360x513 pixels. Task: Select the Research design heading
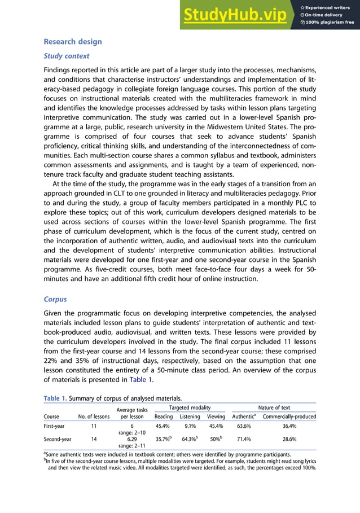point(73,42)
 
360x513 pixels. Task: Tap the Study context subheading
point(67,56)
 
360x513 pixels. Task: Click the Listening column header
point(190,416)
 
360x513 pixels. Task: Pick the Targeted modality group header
point(190,407)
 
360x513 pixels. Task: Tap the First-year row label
point(56,427)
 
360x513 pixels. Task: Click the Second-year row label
point(59,438)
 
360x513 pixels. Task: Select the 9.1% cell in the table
point(190,427)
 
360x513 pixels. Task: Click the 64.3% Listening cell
point(189,438)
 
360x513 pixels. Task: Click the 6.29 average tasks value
point(131,438)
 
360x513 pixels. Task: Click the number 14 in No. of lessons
point(94,438)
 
